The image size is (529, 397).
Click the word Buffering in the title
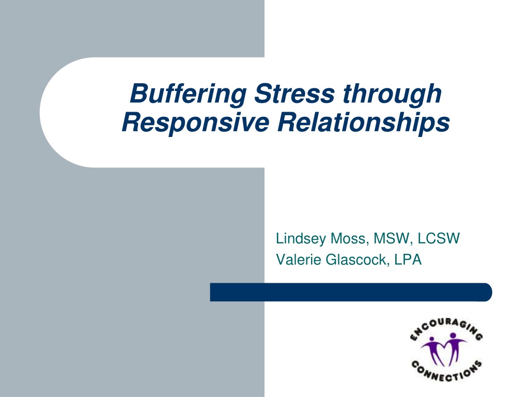click(x=188, y=94)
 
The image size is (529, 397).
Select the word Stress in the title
click(x=294, y=93)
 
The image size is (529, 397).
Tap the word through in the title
click(x=393, y=94)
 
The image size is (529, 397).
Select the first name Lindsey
click(x=301, y=239)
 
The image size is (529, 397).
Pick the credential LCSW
click(x=439, y=238)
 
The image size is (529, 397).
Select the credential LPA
click(x=408, y=259)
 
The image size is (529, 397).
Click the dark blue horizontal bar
click(x=351, y=292)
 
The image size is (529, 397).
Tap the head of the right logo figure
click(x=453, y=336)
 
